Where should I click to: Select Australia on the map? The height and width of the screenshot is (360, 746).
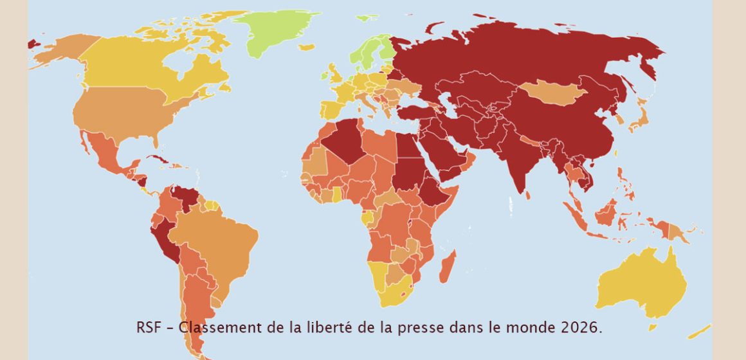pos(643,283)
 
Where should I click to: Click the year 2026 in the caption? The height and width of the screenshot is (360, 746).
pos(583,327)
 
